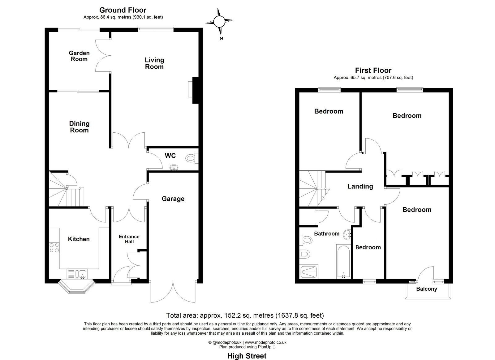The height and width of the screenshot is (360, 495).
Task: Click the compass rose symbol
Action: tap(219, 21)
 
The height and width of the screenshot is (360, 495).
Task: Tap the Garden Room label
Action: tap(79, 56)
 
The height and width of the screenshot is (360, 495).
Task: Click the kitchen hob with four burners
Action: tap(54, 248)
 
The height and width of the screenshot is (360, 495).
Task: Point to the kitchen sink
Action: tap(82, 273)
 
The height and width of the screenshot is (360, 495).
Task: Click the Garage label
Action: tap(173, 199)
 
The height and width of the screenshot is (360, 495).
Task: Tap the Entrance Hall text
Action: tap(129, 239)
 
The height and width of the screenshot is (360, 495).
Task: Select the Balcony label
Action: tap(427, 289)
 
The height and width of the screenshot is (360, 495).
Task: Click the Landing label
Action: tap(360, 186)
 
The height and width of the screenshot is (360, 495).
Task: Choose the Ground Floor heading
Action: tap(123, 10)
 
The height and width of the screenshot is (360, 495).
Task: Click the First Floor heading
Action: tap(373, 71)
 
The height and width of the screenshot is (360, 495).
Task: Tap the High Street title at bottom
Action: tap(247, 356)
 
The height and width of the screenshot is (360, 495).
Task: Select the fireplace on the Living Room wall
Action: tap(195, 90)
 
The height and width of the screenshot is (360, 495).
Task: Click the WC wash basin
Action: tap(174, 168)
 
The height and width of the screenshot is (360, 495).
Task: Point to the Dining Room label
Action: tap(79, 127)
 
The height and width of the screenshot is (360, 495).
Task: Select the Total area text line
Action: tap(245, 315)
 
